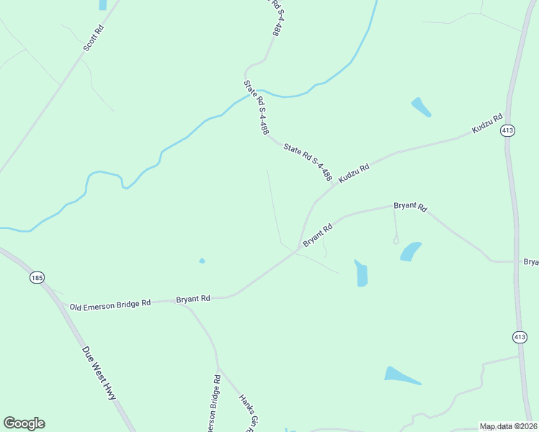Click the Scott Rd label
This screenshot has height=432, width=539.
pos(94,38)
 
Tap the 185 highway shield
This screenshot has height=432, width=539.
pos(37,277)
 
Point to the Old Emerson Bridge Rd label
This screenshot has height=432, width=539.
pos(110,305)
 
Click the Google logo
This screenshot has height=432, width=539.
pos(24,423)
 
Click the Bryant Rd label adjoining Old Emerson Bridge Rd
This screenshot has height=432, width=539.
pos(193,298)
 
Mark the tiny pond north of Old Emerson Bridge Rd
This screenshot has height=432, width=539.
pos(202,261)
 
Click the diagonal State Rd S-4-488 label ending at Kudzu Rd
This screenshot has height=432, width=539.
pos(308,161)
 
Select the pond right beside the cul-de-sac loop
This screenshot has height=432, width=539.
pos(411,251)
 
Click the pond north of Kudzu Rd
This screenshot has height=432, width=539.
pos(421,107)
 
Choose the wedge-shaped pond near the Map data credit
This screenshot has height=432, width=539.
pos(401,375)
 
